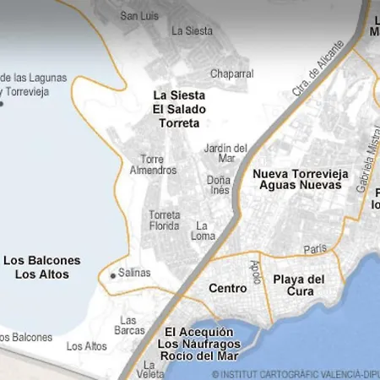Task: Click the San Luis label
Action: pos(140,15)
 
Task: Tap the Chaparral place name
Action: pos(231,74)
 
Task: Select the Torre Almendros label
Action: pos(159,165)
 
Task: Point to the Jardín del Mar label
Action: pos(225,153)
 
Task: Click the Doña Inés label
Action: pos(219,185)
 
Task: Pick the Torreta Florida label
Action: pos(165,220)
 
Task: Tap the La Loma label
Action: pos(205,231)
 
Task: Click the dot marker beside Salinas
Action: pos(112,274)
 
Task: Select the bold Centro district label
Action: pos(228,289)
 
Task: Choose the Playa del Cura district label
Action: pos(300,285)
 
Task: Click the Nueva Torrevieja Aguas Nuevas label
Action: pos(301,179)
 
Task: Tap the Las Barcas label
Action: pos(130,326)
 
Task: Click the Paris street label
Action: pos(315,250)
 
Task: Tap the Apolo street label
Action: pos(256,271)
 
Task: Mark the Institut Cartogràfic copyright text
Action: pos(296,373)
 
